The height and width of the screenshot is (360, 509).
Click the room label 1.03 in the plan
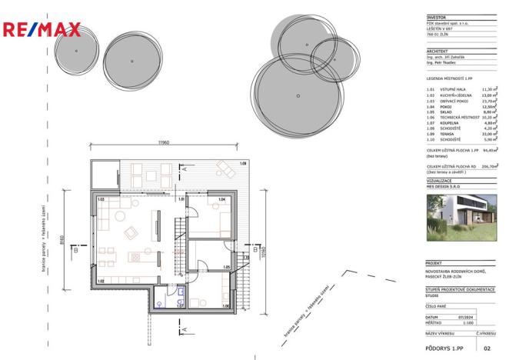pos(101,200)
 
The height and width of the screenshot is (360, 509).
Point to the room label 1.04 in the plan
pos(221,200)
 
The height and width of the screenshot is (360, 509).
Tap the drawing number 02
pos(486,348)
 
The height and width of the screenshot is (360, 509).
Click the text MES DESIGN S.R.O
pos(442,185)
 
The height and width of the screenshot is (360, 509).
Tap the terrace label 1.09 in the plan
pos(242,164)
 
